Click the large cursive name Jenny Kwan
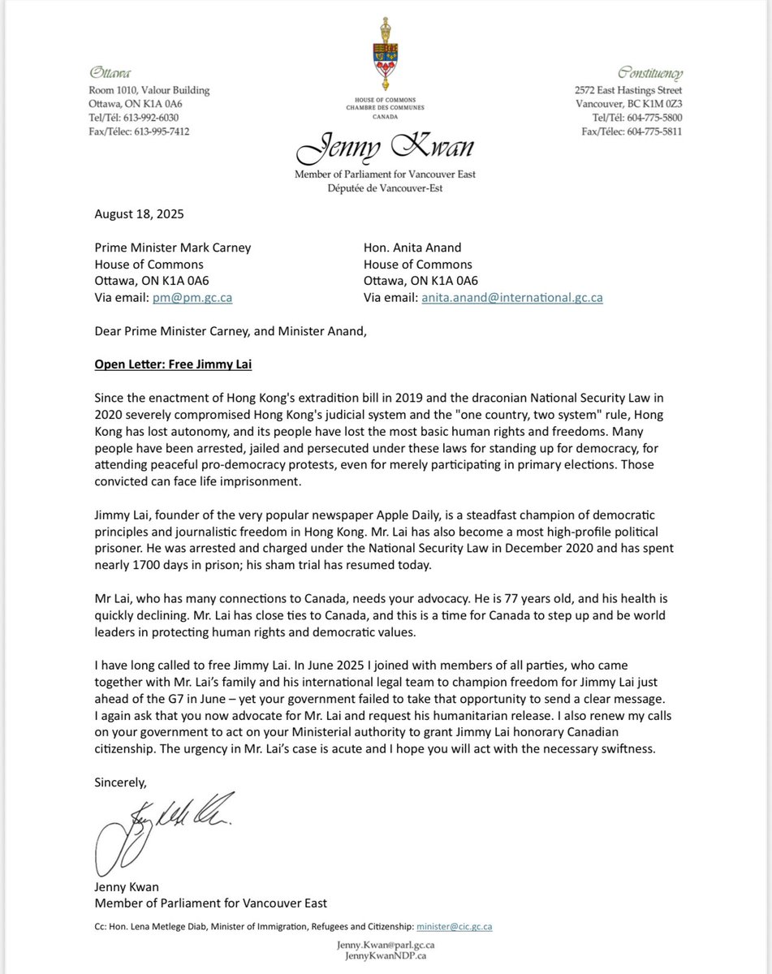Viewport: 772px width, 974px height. click(386, 150)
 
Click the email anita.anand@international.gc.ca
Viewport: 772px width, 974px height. click(511, 298)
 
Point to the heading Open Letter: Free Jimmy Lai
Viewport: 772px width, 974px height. click(173, 364)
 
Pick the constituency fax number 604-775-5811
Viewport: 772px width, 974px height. click(654, 131)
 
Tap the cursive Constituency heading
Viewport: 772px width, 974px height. click(650, 72)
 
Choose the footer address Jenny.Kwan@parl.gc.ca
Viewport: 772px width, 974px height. click(386, 946)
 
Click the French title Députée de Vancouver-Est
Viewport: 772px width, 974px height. click(386, 187)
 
